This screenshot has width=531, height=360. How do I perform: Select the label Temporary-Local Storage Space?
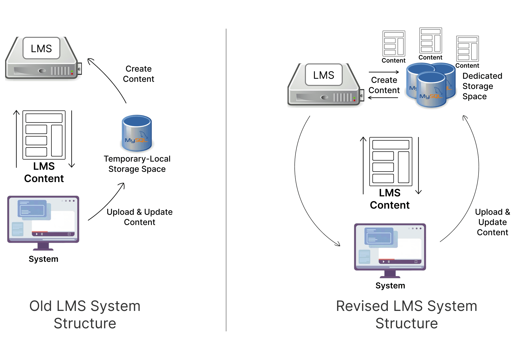coord(137,164)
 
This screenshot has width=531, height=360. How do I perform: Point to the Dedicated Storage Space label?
coord(482,86)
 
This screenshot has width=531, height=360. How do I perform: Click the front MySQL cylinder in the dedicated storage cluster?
coord(431,90)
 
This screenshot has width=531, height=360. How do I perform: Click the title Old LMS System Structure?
coord(85,314)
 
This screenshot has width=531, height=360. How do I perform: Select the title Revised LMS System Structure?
coord(406,314)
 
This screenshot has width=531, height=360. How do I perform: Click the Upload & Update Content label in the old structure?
coord(140,217)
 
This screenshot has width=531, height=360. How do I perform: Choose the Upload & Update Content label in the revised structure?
coord(492,222)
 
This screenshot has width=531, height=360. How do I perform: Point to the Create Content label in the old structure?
coord(139,74)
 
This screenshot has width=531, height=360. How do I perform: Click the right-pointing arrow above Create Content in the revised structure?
coord(384,72)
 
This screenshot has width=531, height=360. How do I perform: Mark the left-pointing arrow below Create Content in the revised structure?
coord(383,98)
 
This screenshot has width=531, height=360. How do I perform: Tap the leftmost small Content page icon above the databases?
coord(394,43)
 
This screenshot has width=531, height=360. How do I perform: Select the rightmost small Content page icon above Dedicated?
coord(467,49)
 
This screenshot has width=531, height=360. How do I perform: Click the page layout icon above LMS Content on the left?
coord(44,135)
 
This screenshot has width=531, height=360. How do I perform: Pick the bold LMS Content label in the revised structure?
coord(390,199)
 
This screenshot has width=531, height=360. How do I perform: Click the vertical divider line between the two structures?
coord(226,179)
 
